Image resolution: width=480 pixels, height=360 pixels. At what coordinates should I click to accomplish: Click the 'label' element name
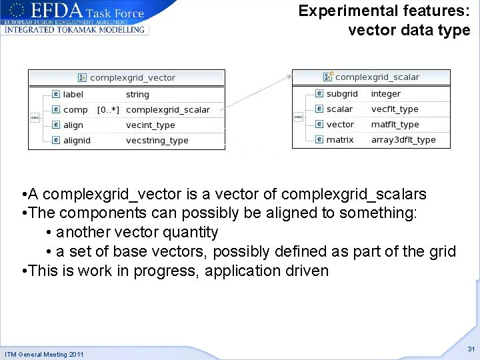[x=73, y=95]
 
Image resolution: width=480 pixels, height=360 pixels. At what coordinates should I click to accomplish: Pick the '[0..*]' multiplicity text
[x=108, y=110]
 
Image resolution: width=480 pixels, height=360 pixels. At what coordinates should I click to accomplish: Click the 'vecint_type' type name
[x=151, y=125]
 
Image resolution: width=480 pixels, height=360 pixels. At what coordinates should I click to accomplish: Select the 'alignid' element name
[x=77, y=141]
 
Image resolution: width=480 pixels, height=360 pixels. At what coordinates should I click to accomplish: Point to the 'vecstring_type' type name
[x=157, y=141]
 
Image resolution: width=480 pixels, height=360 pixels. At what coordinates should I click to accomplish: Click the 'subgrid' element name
[x=342, y=94]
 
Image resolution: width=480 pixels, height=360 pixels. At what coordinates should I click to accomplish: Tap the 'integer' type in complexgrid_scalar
[x=386, y=94]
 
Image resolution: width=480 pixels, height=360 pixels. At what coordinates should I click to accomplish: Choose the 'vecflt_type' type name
[x=395, y=109]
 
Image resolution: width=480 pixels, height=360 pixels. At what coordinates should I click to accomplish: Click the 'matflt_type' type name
[x=395, y=125]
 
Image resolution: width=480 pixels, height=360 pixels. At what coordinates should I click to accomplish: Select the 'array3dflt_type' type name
[x=403, y=140]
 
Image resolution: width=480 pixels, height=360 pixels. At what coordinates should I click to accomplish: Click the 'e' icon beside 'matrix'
[x=319, y=140]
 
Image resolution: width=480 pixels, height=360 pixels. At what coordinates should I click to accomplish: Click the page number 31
[x=471, y=349]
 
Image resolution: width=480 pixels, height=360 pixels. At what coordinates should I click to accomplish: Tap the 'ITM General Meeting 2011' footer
[x=44, y=354]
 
